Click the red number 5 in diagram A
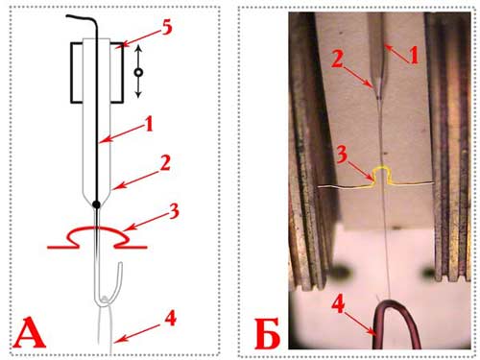tap(166, 28)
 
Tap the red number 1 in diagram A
tap(149, 123)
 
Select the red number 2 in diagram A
tap(164, 163)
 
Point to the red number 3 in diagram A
tap(173, 211)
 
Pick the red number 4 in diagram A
tap(170, 319)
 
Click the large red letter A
tap(29, 333)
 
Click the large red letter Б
tap(267, 334)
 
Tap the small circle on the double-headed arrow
tap(138, 72)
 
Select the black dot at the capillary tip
tap(96, 204)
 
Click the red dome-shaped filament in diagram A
tap(97, 228)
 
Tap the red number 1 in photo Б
tap(414, 56)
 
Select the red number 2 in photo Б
tap(338, 60)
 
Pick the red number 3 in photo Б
tap(342, 155)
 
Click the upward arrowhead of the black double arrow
tap(138, 48)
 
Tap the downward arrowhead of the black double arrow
tap(138, 94)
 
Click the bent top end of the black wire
tap(68, 16)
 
